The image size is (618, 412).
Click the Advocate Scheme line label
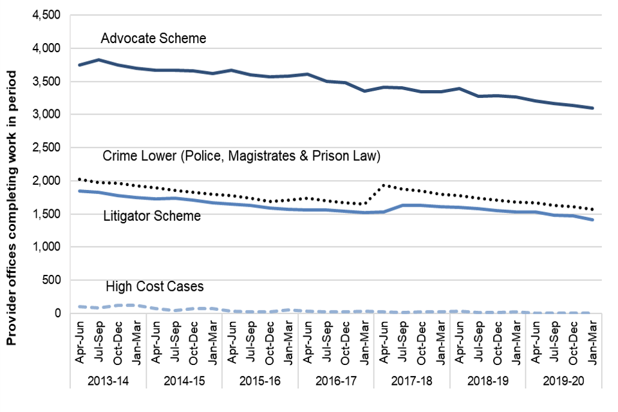(153, 39)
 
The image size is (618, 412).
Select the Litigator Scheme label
(152, 216)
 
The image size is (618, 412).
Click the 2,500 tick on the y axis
(46, 148)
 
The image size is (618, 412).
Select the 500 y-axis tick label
(51, 280)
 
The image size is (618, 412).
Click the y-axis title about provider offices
(12, 208)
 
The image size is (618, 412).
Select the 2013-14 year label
(108, 381)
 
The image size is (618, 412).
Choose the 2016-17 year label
(335, 381)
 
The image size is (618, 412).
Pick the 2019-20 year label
(563, 381)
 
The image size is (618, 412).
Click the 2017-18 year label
(411, 381)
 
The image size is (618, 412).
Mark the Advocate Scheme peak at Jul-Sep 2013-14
(98, 60)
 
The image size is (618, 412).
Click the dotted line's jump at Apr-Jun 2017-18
(383, 185)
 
